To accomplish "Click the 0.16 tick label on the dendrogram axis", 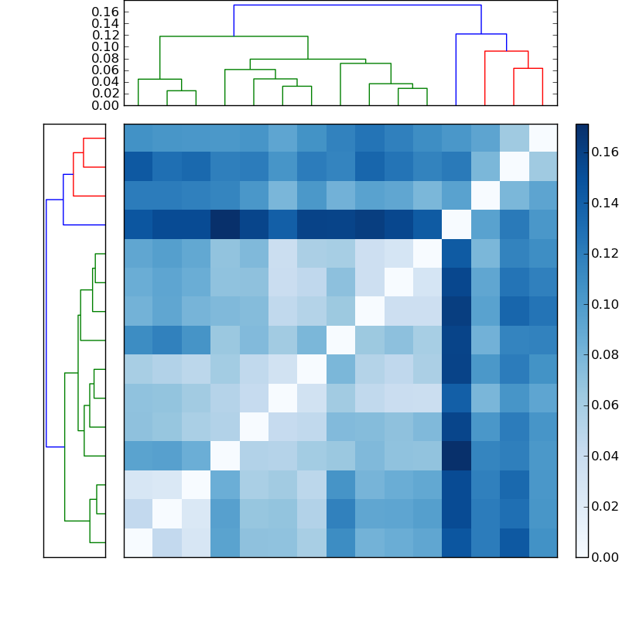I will pos(105,12).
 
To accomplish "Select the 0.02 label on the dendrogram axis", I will pos(105,93).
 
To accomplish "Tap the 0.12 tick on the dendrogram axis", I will pos(105,35).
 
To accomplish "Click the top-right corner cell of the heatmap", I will pos(542,138).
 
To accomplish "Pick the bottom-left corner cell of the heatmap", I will pos(138,542).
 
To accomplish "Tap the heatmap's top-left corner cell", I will pos(138,138).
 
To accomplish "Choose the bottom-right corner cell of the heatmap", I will pos(542,542).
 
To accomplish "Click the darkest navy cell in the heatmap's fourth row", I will pos(224,224).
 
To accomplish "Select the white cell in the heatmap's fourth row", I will pos(456,224).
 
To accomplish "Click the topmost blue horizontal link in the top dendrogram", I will pos(357,5).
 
